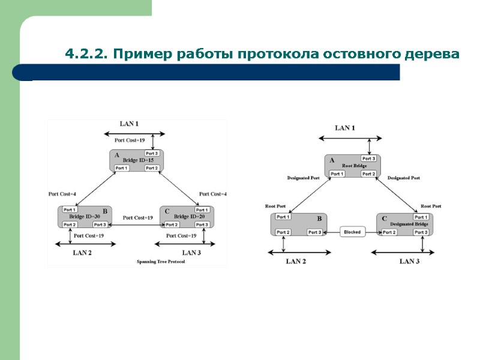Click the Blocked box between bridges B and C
tap(352, 232)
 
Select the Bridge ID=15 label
tap(139, 160)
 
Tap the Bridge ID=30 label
tap(85, 216)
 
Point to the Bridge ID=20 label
tap(189, 216)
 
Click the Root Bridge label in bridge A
tap(354, 166)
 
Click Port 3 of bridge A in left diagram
tap(152, 154)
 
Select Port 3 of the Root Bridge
tap(368, 158)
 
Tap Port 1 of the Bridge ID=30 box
tap(70, 209)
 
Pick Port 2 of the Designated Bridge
tap(389, 232)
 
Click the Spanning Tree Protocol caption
tap(161, 262)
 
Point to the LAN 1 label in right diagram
tap(344, 128)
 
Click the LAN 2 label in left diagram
tap(82, 253)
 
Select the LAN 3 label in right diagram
tap(410, 261)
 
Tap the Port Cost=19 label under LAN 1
tap(130, 140)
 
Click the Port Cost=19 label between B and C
tap(138, 217)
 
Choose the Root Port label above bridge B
tap(275, 206)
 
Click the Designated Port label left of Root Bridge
tap(303, 178)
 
